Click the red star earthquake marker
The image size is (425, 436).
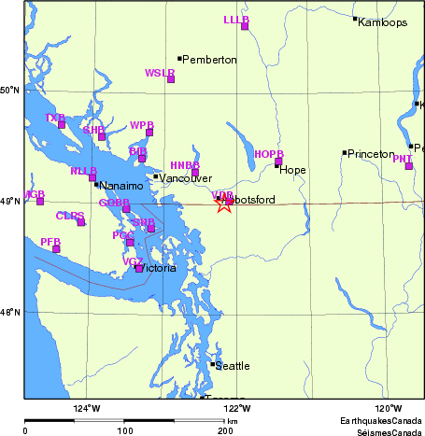pos(223,204)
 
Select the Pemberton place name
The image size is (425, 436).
pos(209,60)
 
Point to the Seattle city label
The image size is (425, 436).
pos(233,366)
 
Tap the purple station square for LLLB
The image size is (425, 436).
pos(245,26)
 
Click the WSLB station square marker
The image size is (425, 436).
pos(171,79)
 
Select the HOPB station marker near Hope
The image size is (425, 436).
pos(278,162)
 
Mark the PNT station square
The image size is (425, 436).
pos(408,166)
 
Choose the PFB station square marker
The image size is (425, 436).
pos(56,248)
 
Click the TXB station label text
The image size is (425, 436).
pos(55,118)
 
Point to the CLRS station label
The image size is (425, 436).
pos(69,216)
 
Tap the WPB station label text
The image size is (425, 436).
pos(142,124)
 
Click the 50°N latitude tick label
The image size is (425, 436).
pos(10,91)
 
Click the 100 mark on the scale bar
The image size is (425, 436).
pos(124,430)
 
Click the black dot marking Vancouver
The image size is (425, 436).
pos(156,176)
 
